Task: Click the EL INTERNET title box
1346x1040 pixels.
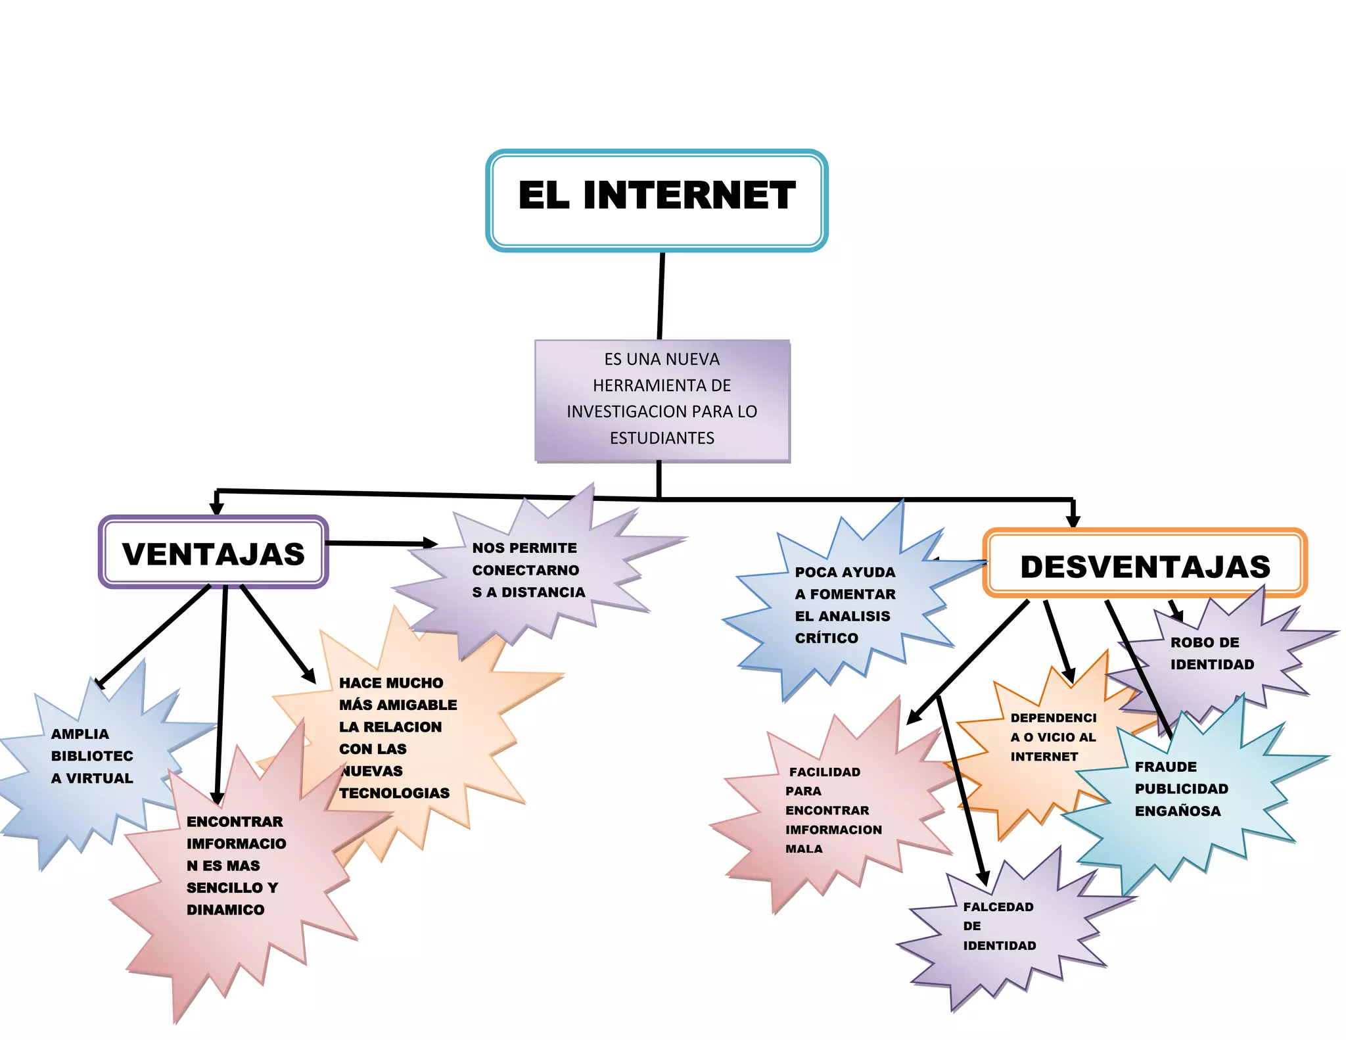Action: [x=656, y=200]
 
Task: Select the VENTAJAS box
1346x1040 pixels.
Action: [x=213, y=553]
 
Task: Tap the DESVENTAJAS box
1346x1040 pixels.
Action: [x=1144, y=565]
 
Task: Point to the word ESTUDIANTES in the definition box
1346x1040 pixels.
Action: [x=662, y=438]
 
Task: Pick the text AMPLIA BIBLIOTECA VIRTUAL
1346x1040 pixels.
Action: [x=92, y=756]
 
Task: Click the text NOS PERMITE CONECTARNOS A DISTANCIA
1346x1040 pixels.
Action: [x=528, y=570]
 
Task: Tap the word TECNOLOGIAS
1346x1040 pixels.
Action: [x=394, y=793]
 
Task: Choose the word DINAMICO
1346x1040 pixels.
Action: [x=225, y=910]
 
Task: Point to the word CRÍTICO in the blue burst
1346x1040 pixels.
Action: [x=826, y=638]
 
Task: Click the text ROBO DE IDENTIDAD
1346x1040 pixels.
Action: [x=1211, y=653]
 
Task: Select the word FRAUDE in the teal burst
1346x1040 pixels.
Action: [x=1165, y=767]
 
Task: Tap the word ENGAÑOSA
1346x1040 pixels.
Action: [x=1177, y=811]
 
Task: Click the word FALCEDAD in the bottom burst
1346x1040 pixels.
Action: [x=998, y=907]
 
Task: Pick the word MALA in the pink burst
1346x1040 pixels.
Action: [x=803, y=849]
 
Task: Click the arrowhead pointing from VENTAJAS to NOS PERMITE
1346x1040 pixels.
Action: [x=430, y=543]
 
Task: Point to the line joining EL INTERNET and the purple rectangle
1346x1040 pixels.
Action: [x=661, y=296]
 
